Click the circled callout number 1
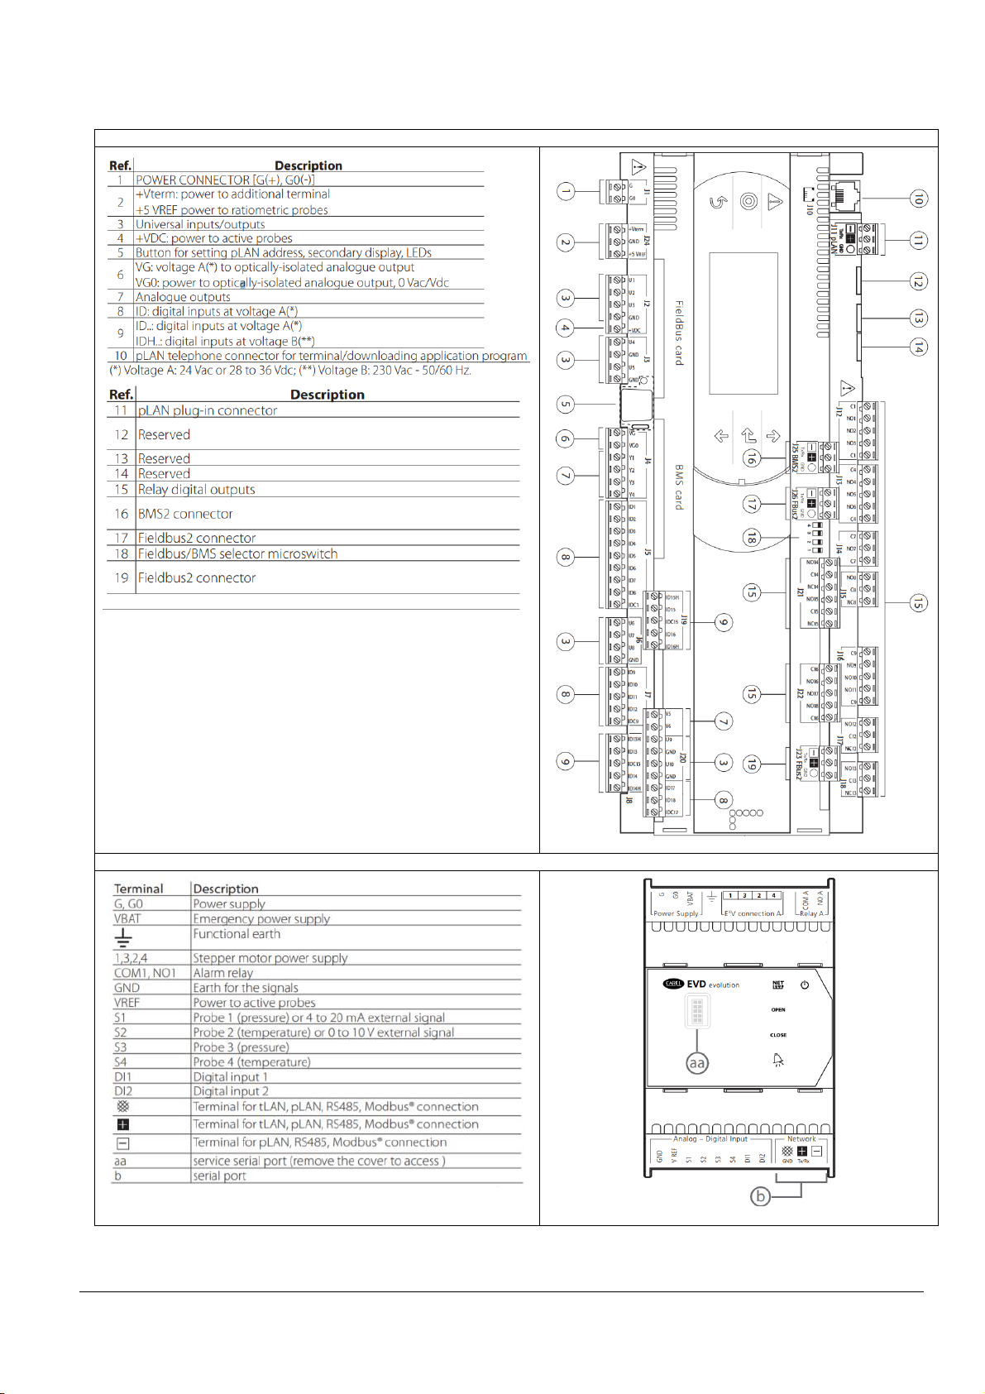[566, 193]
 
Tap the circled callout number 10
[917, 199]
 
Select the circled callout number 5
[566, 405]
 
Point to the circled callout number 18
[751, 537]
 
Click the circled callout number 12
[917, 282]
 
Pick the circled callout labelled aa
[697, 1063]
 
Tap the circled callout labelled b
[760, 1196]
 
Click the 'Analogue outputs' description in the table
[183, 297]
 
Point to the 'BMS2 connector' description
[185, 514]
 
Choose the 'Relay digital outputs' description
[196, 490]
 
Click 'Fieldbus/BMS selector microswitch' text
[237, 554]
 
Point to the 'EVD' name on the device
[696, 984]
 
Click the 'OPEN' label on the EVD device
[777, 1009]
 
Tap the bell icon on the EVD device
[778, 1061]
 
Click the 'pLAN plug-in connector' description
[208, 410]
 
